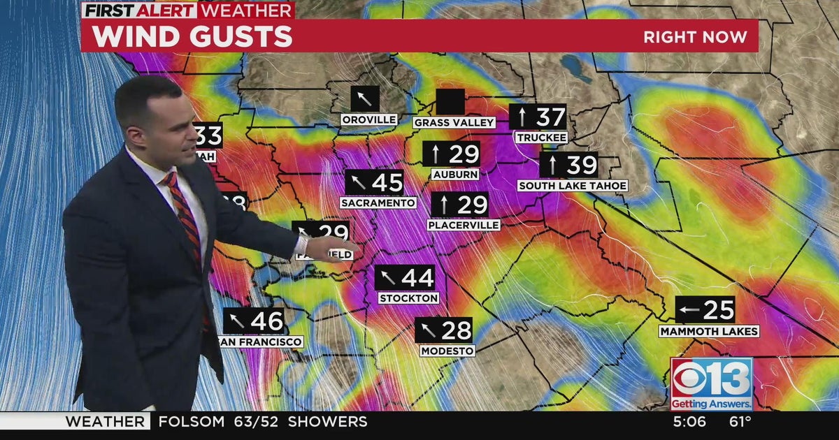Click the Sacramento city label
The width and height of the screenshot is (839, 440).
coord(378,203)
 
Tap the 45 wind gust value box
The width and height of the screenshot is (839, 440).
coord(375,182)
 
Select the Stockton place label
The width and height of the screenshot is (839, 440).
coord(409,298)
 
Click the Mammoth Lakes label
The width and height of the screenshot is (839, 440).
coord(709,331)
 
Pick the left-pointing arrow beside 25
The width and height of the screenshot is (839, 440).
coord(690,309)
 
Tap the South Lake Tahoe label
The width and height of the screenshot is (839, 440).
coord(573,186)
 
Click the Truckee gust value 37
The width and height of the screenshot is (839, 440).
coord(550,117)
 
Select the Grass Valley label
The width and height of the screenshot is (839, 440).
coord(454,123)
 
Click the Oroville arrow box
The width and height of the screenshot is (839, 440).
coord(365,98)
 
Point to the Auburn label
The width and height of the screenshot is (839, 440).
coord(455,174)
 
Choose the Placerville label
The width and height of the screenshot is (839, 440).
coord(464,225)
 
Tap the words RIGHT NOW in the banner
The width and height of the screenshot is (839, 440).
coord(695,37)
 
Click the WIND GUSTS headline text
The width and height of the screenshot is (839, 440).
coord(192,37)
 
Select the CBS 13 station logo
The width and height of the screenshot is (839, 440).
coord(711,383)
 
